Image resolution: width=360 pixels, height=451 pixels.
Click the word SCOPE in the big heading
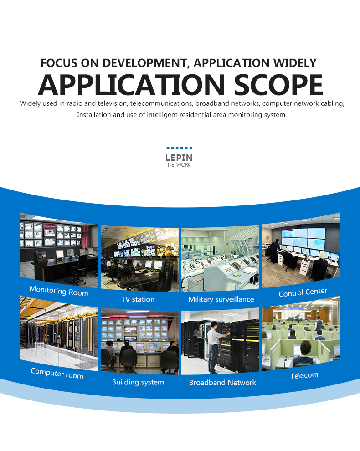(x=278, y=85)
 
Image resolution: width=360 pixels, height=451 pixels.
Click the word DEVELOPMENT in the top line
(x=145, y=63)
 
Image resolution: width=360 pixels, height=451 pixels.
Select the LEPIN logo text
(x=179, y=158)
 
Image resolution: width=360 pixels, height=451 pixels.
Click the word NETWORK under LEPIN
(x=179, y=165)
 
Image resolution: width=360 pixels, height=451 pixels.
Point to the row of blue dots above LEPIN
(x=179, y=148)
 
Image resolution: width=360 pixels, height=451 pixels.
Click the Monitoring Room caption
(x=59, y=291)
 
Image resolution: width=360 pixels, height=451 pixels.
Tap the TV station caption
(x=138, y=299)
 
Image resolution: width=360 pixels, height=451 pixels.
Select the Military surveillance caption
(x=221, y=299)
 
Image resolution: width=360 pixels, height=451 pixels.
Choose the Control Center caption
(x=303, y=292)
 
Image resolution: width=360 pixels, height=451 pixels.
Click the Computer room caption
(x=57, y=374)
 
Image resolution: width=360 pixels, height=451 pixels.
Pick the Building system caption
(x=138, y=382)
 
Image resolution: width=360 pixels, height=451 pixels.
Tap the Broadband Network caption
(x=222, y=383)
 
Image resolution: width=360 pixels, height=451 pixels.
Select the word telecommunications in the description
(x=162, y=103)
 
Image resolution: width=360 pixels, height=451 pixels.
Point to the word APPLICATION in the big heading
(x=131, y=85)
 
